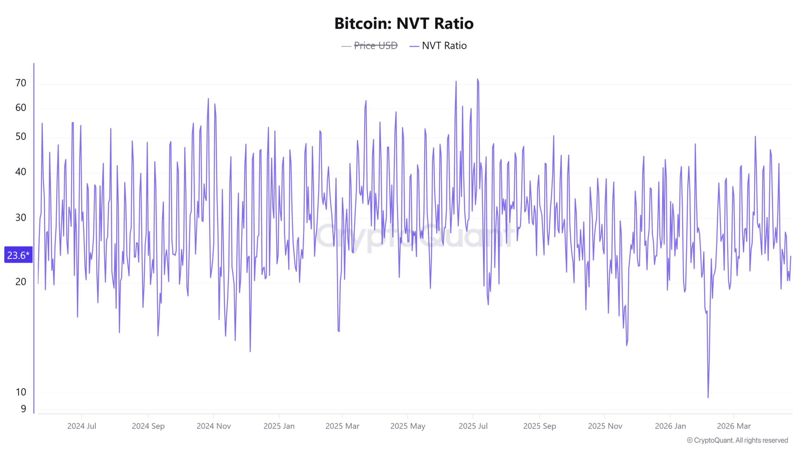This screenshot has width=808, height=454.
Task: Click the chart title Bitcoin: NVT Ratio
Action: (x=404, y=23)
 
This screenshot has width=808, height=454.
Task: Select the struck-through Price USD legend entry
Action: (x=375, y=46)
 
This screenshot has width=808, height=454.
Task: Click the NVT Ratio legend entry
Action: (x=444, y=46)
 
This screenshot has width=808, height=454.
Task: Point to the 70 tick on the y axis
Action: (x=21, y=83)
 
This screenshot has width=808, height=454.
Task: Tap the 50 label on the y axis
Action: (x=21, y=137)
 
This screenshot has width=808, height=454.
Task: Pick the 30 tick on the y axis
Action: (x=21, y=218)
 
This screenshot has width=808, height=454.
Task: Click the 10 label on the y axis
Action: (x=21, y=392)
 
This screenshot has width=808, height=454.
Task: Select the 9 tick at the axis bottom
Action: (x=23, y=409)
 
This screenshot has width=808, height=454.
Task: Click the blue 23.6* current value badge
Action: (x=18, y=255)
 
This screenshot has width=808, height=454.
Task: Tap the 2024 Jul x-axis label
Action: (x=81, y=426)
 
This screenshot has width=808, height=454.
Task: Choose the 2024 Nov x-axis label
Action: (x=214, y=426)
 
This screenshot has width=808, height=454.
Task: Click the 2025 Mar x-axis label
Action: (x=342, y=426)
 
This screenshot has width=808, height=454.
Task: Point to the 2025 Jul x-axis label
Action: (x=473, y=426)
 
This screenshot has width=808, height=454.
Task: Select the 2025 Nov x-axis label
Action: (x=605, y=426)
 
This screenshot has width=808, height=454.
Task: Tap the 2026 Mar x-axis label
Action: (x=734, y=426)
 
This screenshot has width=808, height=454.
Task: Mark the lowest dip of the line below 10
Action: (x=708, y=397)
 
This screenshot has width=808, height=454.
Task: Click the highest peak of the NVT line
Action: (x=478, y=79)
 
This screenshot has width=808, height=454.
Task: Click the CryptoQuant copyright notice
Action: (x=737, y=440)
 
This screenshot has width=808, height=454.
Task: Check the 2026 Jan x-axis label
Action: (x=670, y=426)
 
